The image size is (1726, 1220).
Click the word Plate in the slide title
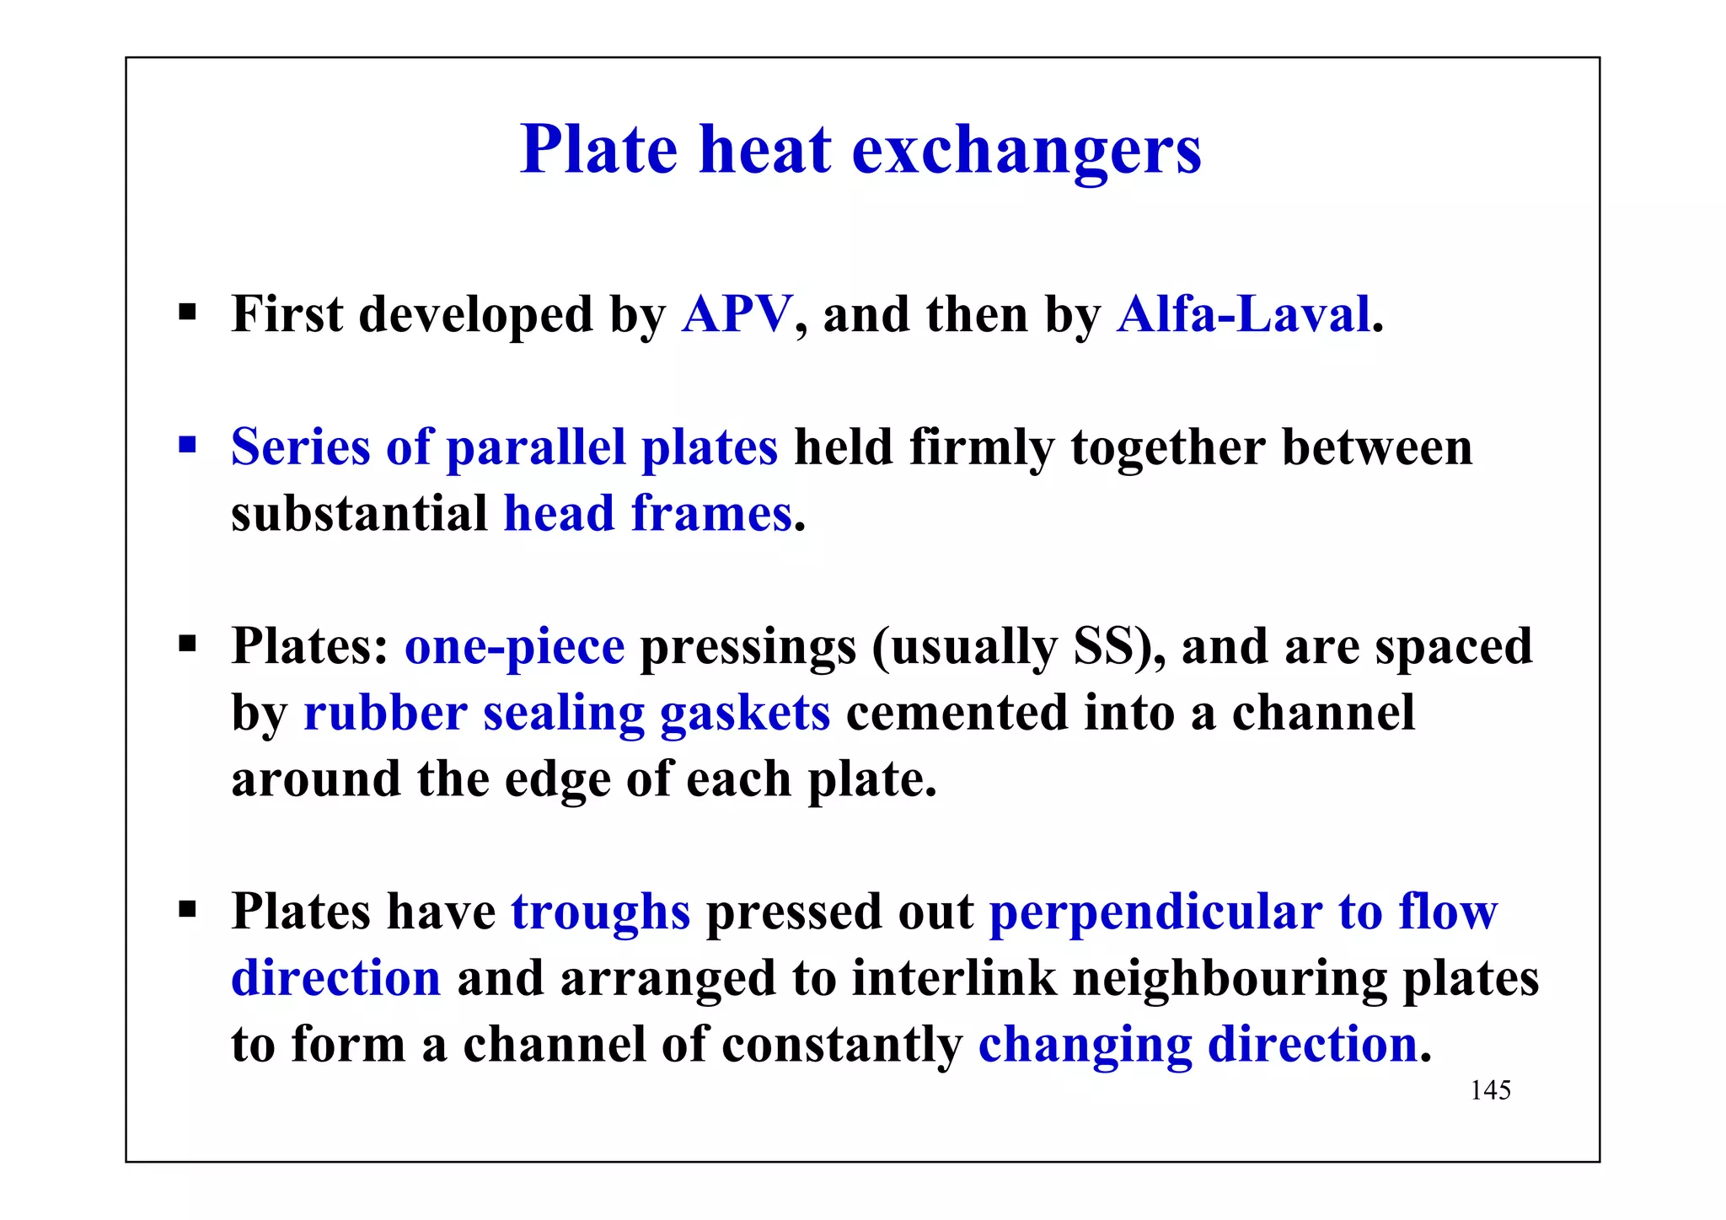pos(598,150)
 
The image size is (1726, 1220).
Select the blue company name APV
pos(737,314)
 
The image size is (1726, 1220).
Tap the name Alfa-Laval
pos(1243,314)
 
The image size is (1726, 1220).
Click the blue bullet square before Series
pos(187,444)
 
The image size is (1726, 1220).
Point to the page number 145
pos(1490,1090)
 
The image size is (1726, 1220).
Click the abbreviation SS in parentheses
pos(1102,646)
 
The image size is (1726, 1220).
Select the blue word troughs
pos(600,912)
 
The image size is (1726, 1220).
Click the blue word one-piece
pos(514,648)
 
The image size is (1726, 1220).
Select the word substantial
pos(359,513)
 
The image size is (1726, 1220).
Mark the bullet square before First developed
pos(187,313)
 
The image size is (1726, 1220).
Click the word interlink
pos(954,978)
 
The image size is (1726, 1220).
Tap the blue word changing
pos(1085,1046)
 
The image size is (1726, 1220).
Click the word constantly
pos(842,1045)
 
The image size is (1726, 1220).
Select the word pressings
pos(748,648)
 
